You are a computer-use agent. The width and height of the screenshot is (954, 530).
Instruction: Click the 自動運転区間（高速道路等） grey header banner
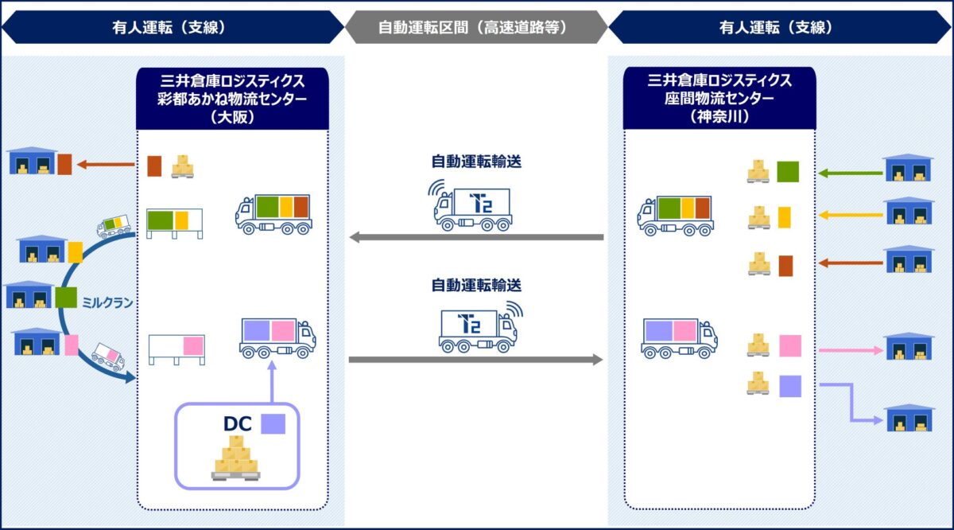[475, 27]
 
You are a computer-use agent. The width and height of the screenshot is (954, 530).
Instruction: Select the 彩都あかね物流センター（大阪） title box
[232, 97]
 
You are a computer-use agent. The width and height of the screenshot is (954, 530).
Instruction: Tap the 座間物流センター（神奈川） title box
[719, 97]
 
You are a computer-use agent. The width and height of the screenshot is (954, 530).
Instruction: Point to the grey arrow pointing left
[477, 237]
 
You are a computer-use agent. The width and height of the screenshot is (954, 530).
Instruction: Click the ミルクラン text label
[107, 303]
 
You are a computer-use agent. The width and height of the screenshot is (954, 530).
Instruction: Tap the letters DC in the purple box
[237, 423]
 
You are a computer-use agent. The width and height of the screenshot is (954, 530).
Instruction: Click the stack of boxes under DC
[235, 459]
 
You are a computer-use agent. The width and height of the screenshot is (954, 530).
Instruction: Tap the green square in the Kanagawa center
[787, 172]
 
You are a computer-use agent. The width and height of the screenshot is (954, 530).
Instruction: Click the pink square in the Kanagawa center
[789, 346]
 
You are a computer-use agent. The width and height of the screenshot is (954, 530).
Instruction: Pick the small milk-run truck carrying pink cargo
[107, 357]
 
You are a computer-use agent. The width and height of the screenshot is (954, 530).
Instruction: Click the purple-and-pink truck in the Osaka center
[277, 337]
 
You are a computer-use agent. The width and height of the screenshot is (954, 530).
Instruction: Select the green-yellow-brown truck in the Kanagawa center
[675, 215]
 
